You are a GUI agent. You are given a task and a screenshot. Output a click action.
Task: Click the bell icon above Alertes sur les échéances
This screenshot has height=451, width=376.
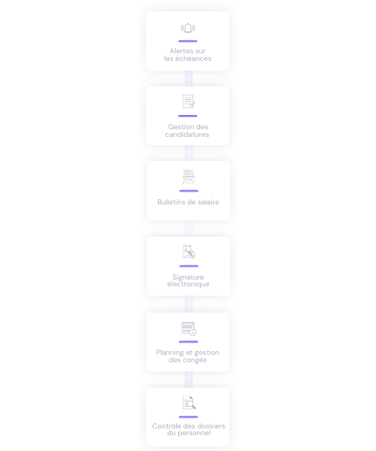pos(188,28)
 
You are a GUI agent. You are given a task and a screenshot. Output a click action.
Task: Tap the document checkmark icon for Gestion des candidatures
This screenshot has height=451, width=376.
pos(189,101)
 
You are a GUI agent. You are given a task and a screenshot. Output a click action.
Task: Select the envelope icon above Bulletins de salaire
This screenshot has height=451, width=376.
pos(189,177)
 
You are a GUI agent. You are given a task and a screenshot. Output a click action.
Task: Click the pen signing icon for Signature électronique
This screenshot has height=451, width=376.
pos(189,251)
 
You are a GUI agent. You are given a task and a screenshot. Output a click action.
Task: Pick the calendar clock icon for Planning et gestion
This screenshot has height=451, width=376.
pos(189,328)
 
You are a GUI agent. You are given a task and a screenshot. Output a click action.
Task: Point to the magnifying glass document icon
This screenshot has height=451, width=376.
pos(189,402)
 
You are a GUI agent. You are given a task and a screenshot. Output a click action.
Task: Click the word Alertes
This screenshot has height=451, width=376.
pos(179,51)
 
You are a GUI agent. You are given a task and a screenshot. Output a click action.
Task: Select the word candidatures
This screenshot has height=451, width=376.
pos(187,135)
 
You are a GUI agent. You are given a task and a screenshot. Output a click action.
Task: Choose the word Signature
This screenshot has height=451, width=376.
pos(188,277)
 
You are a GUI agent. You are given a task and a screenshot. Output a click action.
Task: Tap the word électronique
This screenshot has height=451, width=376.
pos(189,284)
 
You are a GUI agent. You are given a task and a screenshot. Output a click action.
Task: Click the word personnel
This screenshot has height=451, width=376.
pos(194,433)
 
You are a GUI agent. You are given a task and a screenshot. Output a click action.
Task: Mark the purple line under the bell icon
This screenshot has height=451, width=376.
pos(188,41)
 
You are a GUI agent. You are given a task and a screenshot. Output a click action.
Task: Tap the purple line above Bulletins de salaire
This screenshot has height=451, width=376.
pos(189,191)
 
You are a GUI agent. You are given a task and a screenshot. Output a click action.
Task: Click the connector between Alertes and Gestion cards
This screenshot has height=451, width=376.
pos(189,78)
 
